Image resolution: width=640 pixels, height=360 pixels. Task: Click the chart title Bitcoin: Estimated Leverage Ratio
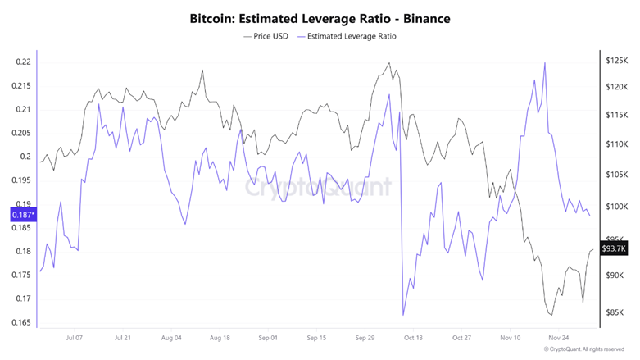pos(320,16)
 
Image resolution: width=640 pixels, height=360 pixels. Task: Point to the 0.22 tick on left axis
pos(23,62)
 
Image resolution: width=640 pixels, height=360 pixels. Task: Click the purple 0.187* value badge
pos(21,215)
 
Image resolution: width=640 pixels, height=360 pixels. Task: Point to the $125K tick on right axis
pos(616,61)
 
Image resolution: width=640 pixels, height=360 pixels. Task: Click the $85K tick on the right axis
pos(615,312)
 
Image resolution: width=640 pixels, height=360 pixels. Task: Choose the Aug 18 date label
pos(220,337)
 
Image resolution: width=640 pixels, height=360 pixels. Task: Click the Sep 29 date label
pos(365,337)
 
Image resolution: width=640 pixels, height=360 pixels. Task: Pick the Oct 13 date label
pos(414,337)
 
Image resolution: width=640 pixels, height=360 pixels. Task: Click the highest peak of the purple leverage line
pos(545,63)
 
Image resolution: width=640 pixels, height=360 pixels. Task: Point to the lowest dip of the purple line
pos(403,315)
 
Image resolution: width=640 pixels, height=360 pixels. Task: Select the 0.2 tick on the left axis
pos(25,157)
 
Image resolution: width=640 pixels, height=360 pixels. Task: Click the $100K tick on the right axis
pos(616,207)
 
